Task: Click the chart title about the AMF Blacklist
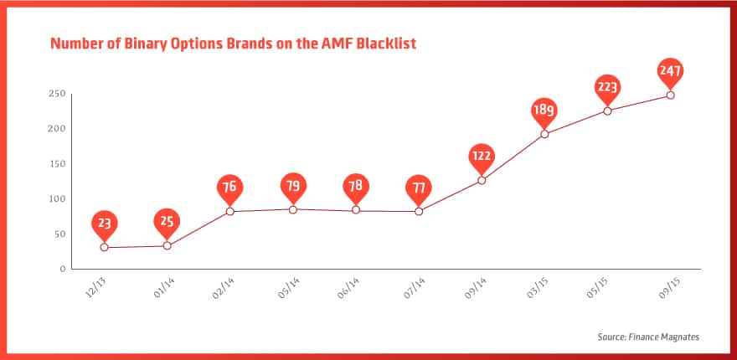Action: coord(233,44)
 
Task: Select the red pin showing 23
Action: coord(105,225)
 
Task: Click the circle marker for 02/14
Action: coord(229,212)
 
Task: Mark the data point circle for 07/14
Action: coord(419,212)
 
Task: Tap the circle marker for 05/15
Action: coord(607,111)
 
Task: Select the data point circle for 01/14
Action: coord(167,245)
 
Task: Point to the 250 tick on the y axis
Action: coord(56,94)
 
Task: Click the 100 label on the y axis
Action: coord(56,198)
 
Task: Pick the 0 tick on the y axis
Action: coord(62,270)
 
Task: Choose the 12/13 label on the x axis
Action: coord(95,288)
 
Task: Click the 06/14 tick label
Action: coord(348,288)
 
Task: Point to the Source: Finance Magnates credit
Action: coord(648,337)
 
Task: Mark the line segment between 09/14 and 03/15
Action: coord(513,157)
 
